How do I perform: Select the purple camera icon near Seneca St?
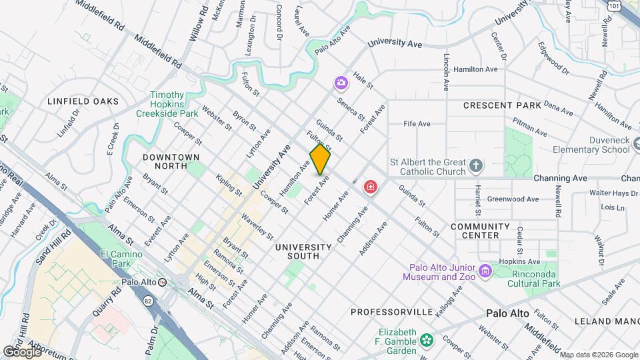[x=341, y=83]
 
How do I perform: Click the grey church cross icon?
[x=476, y=165]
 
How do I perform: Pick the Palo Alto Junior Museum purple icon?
[x=485, y=271]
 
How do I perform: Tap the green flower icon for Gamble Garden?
[x=427, y=341]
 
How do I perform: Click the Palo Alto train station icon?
[x=162, y=282]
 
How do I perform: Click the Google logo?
[x=22, y=351]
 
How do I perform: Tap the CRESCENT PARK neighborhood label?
[x=502, y=105]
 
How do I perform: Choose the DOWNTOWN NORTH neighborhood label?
[x=171, y=157]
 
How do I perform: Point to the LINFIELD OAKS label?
[x=83, y=101]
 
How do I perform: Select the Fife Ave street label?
[x=417, y=123]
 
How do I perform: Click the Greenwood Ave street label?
[x=513, y=199]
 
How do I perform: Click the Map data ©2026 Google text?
[x=599, y=354]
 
